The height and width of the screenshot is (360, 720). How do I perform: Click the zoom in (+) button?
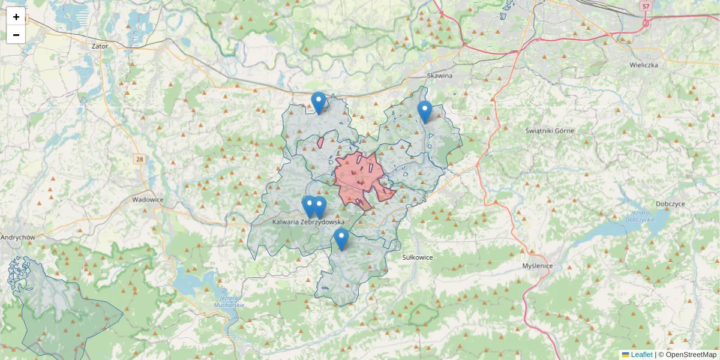16,17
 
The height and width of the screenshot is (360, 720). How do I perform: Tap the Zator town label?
100,46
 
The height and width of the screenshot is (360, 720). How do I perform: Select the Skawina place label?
439,76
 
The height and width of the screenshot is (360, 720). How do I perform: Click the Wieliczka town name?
644,64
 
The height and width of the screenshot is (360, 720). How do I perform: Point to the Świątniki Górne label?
550,131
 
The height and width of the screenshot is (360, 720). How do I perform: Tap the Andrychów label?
17,237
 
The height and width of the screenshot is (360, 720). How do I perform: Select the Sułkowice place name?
417,257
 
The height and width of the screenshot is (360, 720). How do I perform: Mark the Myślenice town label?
538,265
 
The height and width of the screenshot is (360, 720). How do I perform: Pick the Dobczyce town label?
670,204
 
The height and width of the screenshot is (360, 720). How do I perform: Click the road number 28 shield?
140,159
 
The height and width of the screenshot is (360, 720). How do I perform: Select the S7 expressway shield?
646,7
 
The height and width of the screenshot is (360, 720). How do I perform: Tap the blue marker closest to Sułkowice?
341,239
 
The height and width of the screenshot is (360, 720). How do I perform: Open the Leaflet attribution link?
641,355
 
